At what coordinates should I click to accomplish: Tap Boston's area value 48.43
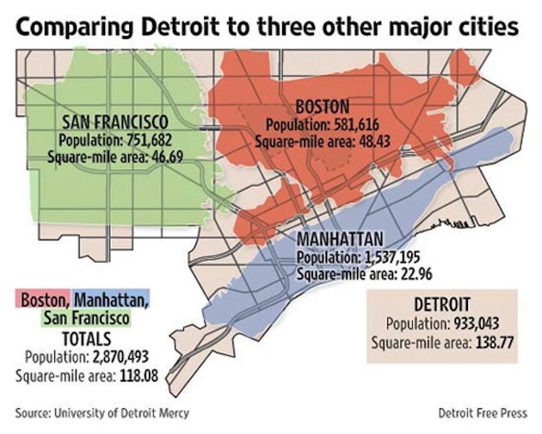369,139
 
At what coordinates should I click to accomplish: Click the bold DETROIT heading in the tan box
442,305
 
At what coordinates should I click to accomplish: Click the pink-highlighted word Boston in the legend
44,301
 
